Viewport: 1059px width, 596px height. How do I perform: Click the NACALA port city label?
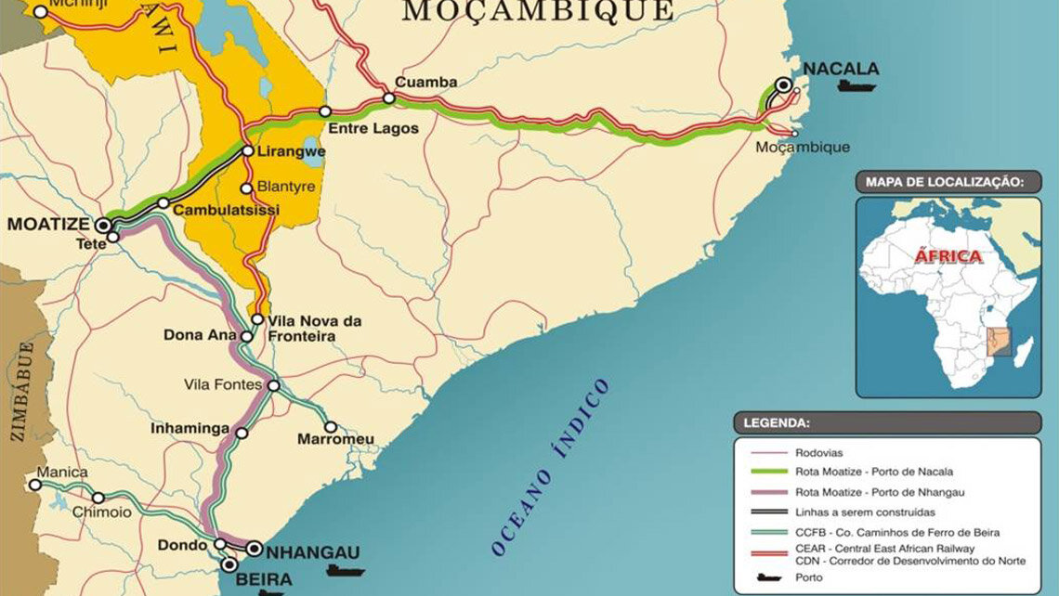point(841,68)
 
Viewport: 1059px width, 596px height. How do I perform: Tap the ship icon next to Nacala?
point(856,86)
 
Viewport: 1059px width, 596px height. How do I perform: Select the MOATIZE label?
point(48,225)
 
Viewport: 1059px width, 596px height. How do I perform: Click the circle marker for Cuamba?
point(388,98)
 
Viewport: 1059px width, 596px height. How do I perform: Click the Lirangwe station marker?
point(248,150)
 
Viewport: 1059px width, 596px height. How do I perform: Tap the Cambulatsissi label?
point(228,211)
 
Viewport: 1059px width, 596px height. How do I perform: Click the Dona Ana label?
point(199,334)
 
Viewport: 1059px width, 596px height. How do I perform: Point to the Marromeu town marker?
point(331,427)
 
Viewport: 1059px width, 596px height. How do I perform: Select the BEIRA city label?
point(266,578)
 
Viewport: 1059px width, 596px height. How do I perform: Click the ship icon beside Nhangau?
point(345,569)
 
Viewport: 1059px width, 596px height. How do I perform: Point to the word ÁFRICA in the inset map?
point(948,256)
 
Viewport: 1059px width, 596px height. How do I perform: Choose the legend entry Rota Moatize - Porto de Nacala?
point(873,472)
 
